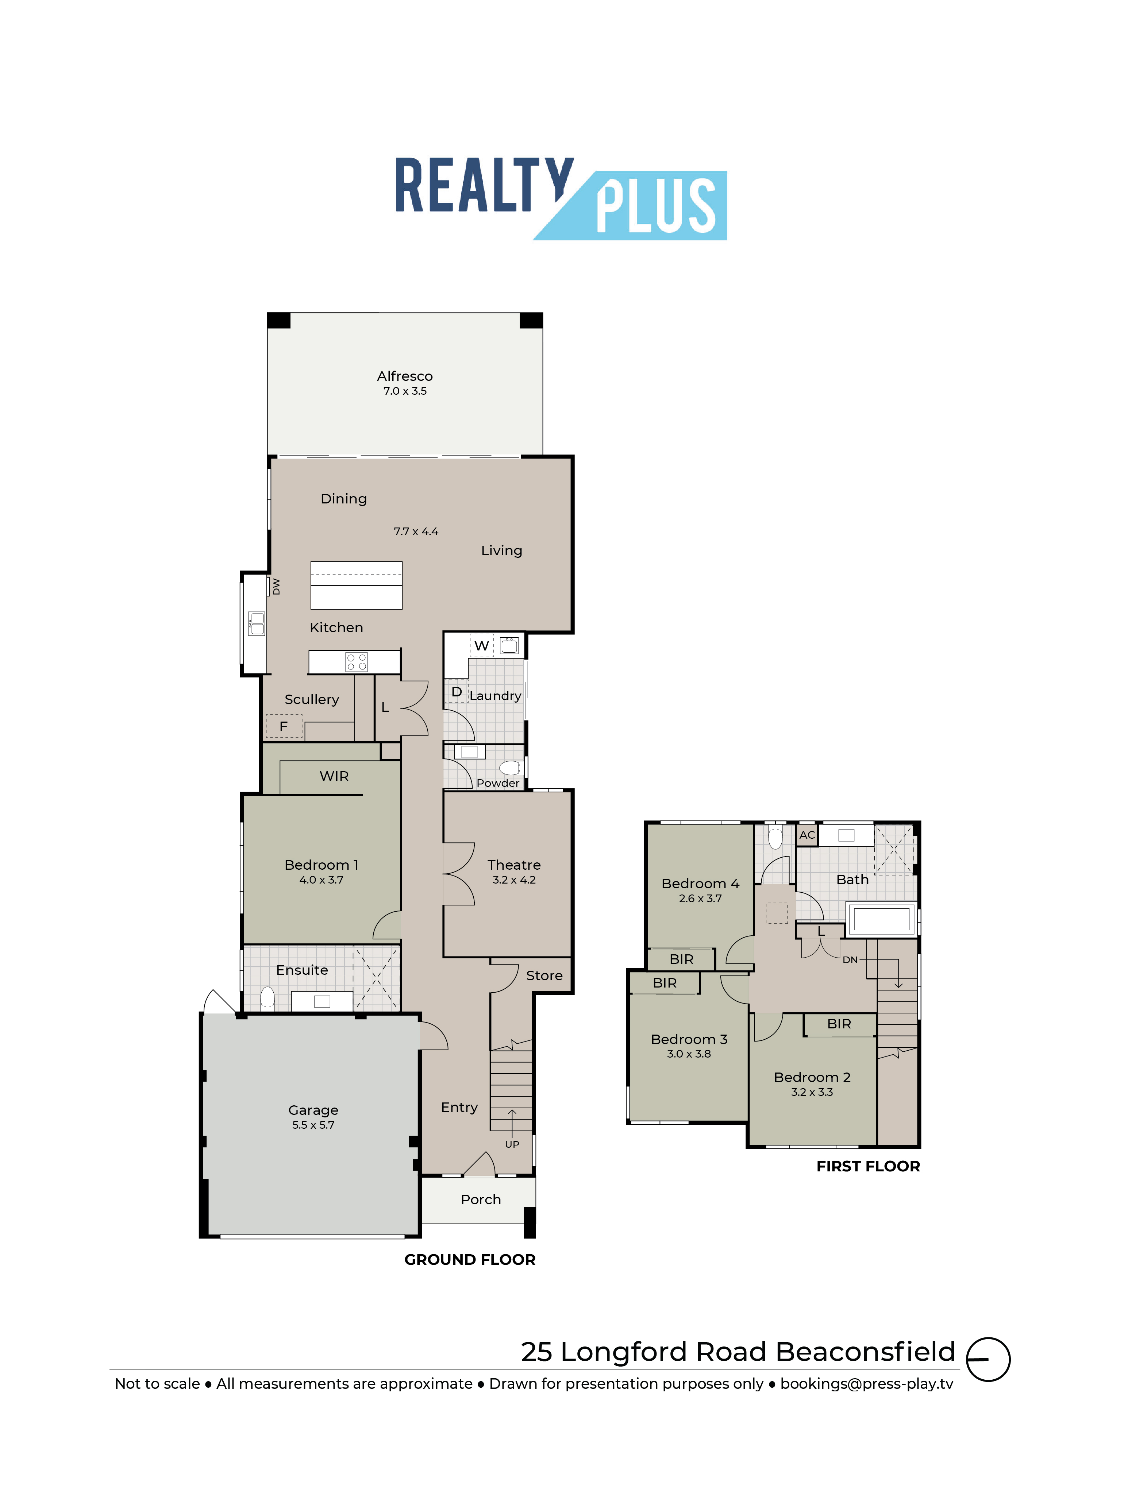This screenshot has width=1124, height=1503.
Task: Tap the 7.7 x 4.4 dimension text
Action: click(x=416, y=532)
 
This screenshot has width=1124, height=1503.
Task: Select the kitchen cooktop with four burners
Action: click(x=356, y=662)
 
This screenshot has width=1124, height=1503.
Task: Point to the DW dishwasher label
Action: click(x=276, y=586)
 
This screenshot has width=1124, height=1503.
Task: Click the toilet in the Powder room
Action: click(x=510, y=768)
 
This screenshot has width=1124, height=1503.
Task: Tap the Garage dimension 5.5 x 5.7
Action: click(x=313, y=1125)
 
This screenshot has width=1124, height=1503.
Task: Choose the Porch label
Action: click(x=481, y=1199)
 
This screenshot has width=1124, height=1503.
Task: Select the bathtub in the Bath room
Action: click(x=881, y=919)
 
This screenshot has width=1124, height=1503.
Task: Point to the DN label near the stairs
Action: click(x=850, y=959)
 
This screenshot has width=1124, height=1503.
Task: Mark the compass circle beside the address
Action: click(x=988, y=1359)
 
